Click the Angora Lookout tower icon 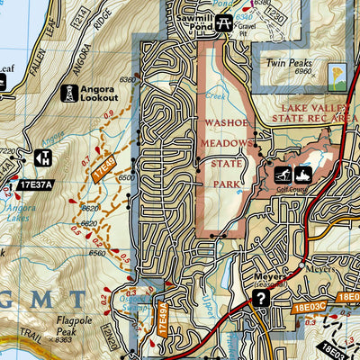tap(69, 92)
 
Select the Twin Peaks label tap(287, 65)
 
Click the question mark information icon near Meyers tap(261, 299)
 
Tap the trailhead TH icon tap(42, 157)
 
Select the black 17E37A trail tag tap(35, 186)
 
